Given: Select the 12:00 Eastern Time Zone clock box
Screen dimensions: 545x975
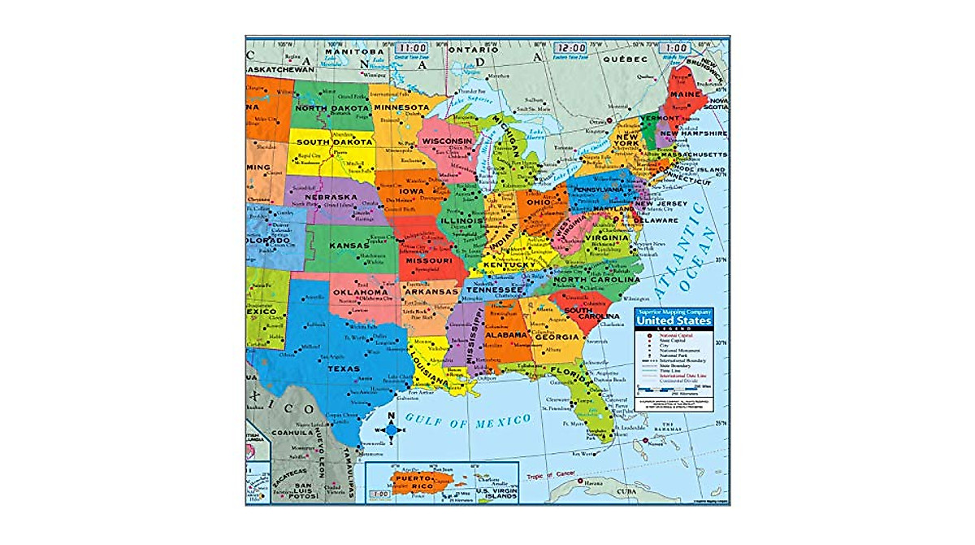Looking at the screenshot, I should click(569, 48).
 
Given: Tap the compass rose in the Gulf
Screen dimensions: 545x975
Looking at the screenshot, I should click(390, 428).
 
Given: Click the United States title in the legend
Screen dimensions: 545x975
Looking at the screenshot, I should click(674, 321).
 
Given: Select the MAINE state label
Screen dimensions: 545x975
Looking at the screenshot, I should click(684, 94).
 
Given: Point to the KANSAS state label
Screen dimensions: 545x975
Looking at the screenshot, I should click(349, 245).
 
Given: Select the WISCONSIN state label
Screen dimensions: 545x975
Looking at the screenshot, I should click(447, 141).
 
